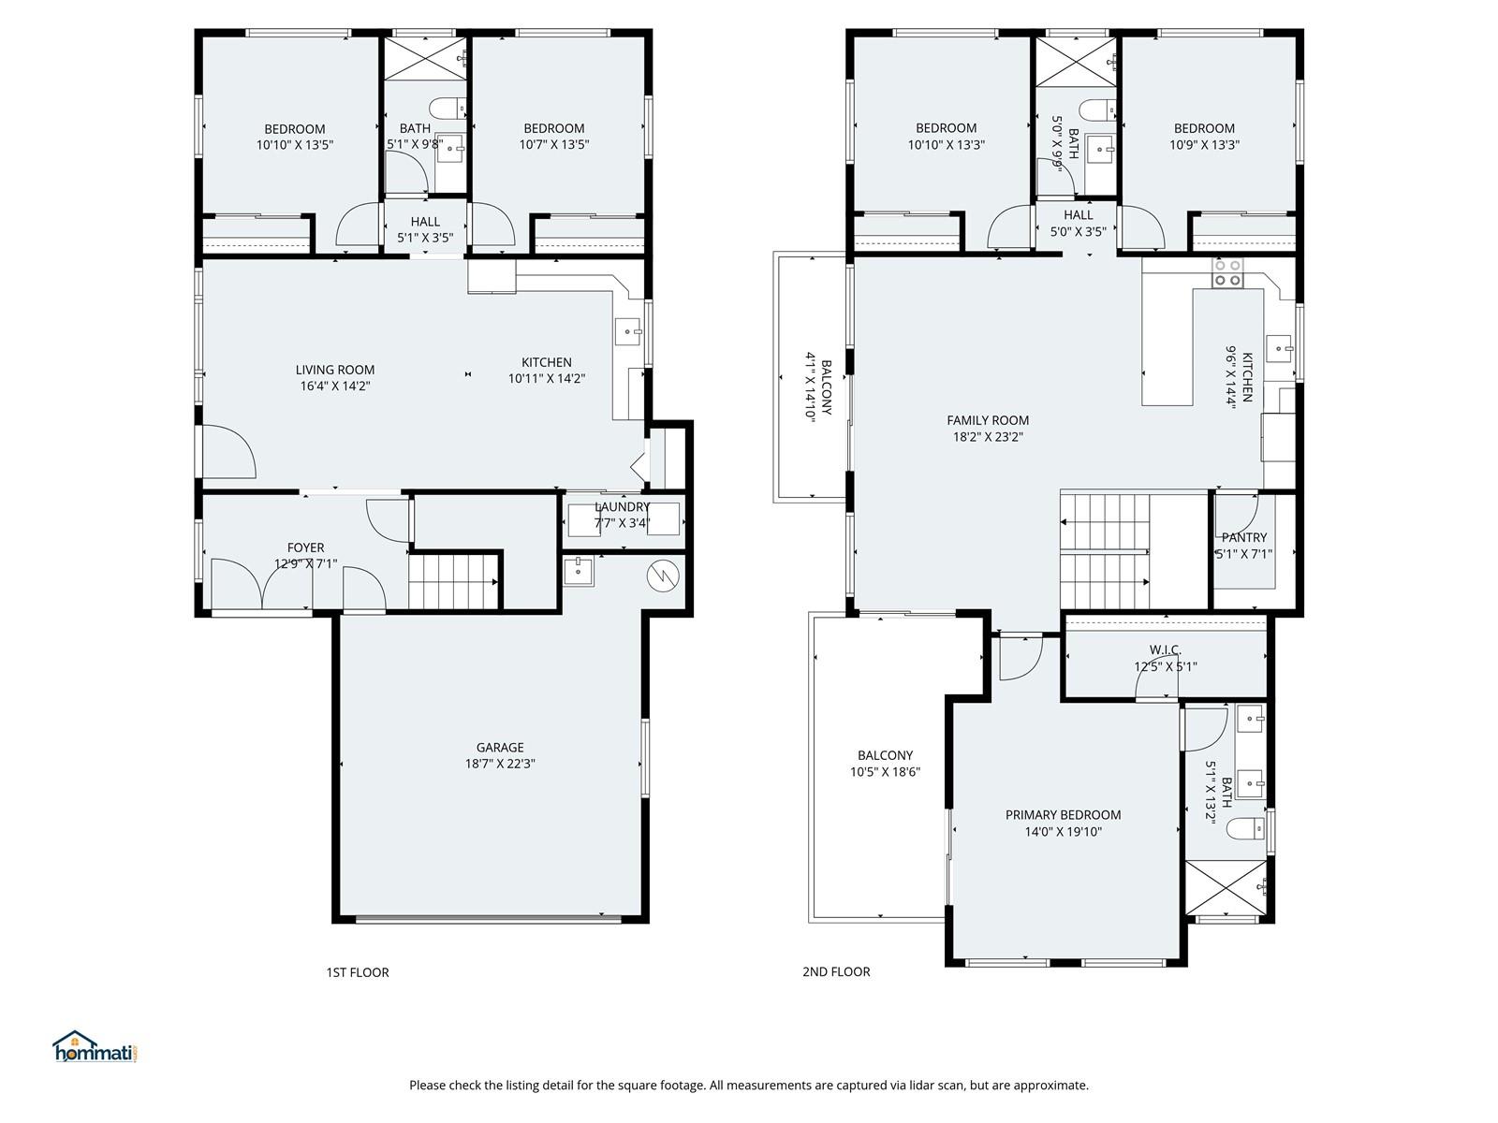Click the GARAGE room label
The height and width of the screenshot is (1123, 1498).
coord(500,748)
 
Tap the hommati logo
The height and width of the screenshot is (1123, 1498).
coord(95,1046)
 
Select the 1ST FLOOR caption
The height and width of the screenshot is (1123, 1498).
coord(357,972)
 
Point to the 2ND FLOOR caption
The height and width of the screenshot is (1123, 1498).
coord(836,971)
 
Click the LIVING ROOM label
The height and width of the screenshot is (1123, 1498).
coord(334,370)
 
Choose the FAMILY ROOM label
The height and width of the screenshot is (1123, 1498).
coord(988,420)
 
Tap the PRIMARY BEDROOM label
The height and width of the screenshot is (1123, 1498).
coord(1063,815)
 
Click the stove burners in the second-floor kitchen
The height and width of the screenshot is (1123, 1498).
coord(1227,272)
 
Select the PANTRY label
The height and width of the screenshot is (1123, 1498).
coord(1243,537)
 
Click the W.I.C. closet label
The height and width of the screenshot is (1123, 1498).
coord(1165,649)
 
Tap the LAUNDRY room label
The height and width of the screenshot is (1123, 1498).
coord(621,506)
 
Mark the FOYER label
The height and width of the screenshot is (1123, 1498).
coord(305,547)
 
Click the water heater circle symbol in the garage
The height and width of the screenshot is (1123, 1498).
coord(663,576)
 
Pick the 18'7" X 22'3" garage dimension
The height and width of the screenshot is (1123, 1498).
coord(500,764)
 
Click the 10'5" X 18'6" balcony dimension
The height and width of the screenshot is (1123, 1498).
coord(885,772)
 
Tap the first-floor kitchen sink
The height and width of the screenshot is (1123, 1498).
coord(628,332)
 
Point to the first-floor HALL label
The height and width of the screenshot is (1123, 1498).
coord(424,222)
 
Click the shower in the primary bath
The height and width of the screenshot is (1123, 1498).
coord(1226,887)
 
